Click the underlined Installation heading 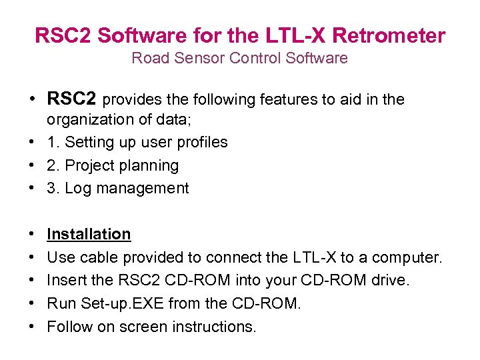pos(89,234)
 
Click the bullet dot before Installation pos(31,235)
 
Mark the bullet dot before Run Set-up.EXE pos(31,304)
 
